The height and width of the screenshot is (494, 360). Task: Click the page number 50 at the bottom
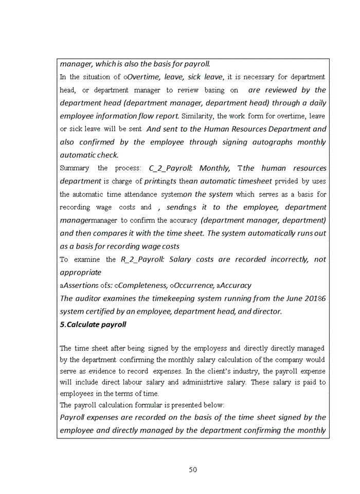click(x=193, y=469)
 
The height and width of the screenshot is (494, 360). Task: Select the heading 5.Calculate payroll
click(x=93, y=325)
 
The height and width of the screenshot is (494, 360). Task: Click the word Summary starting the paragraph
click(x=74, y=168)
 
